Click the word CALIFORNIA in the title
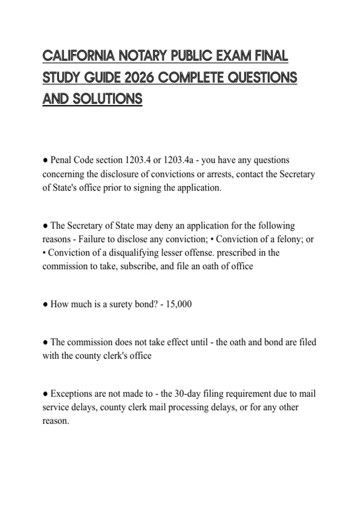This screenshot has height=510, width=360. coord(78,56)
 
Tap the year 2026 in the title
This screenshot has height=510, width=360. coord(139,78)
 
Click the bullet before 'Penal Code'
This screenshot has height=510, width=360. coord(45,160)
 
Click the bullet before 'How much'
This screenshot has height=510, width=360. coord(45,304)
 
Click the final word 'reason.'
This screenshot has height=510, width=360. coord(56,421)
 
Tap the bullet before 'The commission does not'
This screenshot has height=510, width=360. coord(45,342)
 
